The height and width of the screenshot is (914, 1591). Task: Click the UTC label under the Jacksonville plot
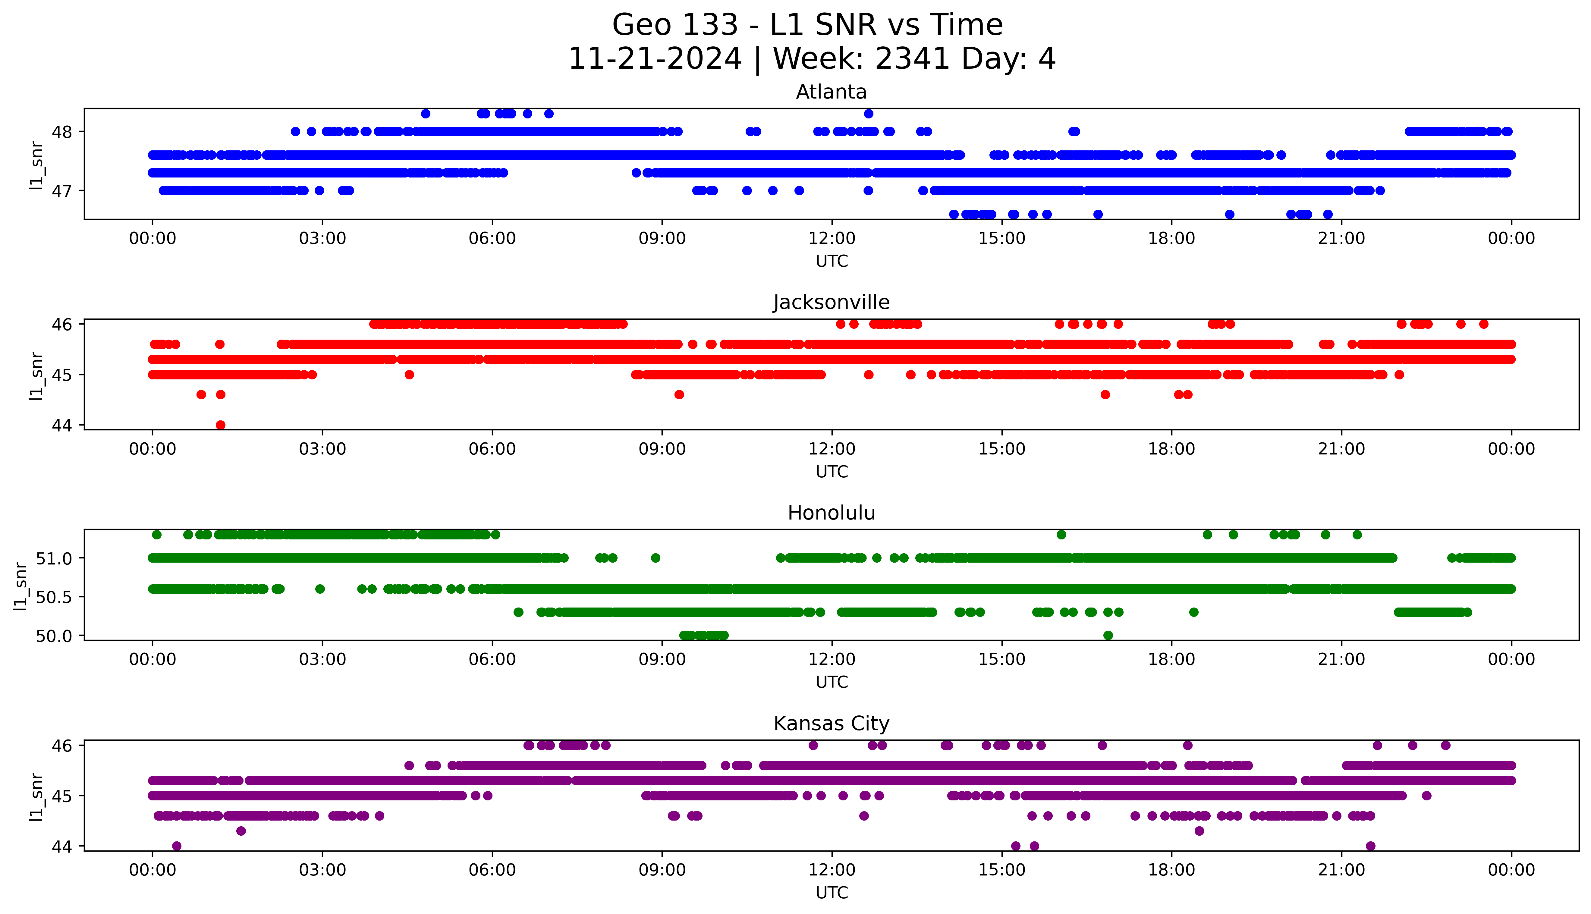click(832, 471)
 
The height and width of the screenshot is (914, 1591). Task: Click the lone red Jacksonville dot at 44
click(220, 425)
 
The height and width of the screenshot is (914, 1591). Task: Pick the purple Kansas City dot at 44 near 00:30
click(176, 846)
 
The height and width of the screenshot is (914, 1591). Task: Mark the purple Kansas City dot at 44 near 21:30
click(1370, 846)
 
